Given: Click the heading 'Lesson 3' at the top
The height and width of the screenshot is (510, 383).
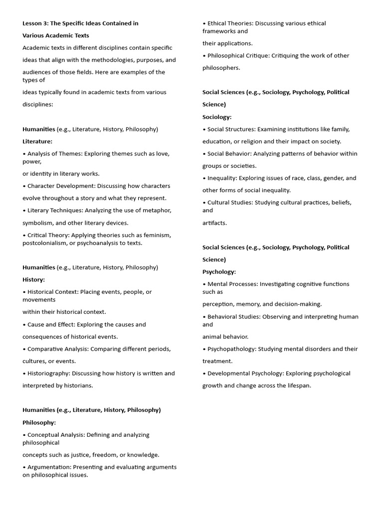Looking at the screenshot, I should point(37,23).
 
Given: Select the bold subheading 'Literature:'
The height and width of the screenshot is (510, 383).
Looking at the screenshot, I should point(37,141).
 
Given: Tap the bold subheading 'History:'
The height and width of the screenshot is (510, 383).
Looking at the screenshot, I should point(33,280).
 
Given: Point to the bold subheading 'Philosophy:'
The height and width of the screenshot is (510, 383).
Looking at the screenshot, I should point(39,422).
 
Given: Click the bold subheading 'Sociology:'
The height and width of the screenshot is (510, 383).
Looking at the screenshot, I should point(217,117).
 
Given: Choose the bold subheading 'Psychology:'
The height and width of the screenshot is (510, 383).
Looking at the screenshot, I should point(219,272).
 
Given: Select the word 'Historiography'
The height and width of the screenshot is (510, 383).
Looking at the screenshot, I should point(49,374).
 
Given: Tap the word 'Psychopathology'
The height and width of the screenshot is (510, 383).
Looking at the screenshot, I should point(230,349).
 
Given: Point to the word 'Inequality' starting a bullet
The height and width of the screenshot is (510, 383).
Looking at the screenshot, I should point(222,178).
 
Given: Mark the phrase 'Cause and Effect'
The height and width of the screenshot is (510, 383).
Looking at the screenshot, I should point(51,325).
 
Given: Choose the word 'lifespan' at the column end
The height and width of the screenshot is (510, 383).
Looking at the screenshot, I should point(299,385).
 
